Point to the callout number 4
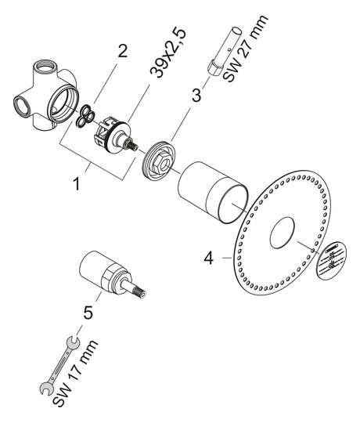coord(207,255)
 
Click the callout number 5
coord(88,312)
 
